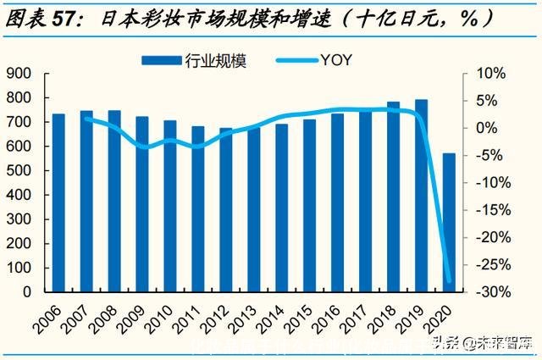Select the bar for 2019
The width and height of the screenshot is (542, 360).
pos(421,195)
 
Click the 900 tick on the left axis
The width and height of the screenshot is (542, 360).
pos(18,74)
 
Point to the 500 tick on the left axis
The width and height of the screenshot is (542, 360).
pos(18,170)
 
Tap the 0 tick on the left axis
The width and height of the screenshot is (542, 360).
pos(26,291)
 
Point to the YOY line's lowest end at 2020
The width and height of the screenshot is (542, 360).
pos(448,281)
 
